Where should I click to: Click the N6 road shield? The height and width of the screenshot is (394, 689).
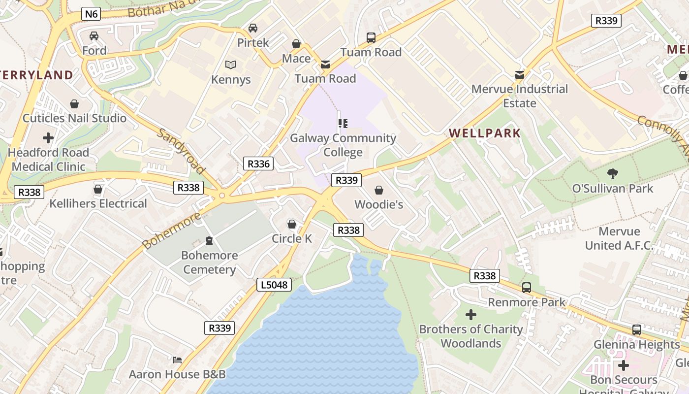tap(92, 14)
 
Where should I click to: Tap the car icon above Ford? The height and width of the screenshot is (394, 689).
tap(94, 36)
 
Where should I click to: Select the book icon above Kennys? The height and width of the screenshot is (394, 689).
tap(231, 65)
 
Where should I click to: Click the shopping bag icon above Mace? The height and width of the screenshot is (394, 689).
tap(296, 44)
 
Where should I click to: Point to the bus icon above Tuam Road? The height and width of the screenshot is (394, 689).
tap(371, 37)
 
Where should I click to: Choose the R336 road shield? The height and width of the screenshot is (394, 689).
tap(258, 164)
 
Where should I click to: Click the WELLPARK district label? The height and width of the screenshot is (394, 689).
tap(485, 133)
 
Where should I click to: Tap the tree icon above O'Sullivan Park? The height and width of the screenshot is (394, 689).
tap(613, 173)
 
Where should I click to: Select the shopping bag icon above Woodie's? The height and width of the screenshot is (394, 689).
tap(379, 190)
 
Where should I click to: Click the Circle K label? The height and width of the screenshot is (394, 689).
tap(292, 238)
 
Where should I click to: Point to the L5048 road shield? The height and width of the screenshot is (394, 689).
tap(274, 285)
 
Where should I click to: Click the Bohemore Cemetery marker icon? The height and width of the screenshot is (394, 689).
tap(210, 241)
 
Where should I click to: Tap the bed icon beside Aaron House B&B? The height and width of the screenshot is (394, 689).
tap(177, 360)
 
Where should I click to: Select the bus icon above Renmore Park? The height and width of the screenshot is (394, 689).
tap(527, 288)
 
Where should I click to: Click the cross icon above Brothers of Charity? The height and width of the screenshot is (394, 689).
tap(471, 314)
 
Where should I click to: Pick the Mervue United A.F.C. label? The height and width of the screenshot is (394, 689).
tap(619, 238)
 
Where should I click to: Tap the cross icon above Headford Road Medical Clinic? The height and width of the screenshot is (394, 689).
tap(48, 137)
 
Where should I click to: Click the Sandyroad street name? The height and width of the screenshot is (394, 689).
tap(181, 151)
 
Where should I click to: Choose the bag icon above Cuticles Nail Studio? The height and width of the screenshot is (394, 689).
tap(74, 104)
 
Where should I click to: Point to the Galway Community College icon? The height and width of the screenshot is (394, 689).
tap(343, 123)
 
